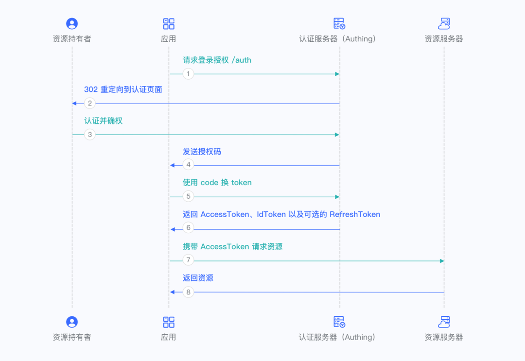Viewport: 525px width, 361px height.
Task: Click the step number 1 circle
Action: pos(188,74)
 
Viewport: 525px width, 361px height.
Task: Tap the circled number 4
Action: pos(188,165)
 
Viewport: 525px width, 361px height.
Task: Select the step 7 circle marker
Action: pos(188,261)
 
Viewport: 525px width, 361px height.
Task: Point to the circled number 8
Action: pos(188,292)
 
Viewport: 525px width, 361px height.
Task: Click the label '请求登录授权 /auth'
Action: pos(217,60)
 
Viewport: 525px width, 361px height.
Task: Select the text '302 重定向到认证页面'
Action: pos(123,89)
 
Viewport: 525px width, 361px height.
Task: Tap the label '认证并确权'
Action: pos(104,120)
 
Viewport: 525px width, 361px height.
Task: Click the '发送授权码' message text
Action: pos(202,152)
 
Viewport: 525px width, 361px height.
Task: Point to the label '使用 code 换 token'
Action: pos(217,183)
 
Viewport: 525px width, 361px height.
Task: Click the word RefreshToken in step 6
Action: pos(355,214)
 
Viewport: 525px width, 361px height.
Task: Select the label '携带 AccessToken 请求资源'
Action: pos(232,247)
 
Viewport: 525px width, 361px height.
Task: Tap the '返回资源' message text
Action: pos(198,278)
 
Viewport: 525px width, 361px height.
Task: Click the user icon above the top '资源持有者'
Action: pos(72,24)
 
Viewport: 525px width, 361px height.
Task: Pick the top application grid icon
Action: pos(169,24)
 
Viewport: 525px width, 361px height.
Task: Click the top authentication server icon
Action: pos(339,24)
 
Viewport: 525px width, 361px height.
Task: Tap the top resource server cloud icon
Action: pos(444,24)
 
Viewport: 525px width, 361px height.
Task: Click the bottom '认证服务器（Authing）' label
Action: pos(337,337)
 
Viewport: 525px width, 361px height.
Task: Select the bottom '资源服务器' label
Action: pos(444,337)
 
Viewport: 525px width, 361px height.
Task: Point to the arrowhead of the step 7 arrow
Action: pos(442,261)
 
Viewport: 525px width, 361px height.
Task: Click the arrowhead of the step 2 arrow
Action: pos(74,103)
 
